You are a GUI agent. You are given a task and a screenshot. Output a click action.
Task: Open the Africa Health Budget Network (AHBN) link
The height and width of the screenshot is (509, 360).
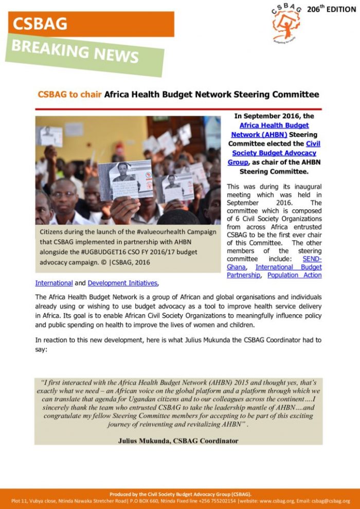coord(274,130)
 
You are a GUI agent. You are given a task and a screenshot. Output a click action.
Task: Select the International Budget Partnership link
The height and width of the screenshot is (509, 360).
coord(289,267)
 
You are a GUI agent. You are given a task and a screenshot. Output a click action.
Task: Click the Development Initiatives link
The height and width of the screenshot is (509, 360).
coord(123,283)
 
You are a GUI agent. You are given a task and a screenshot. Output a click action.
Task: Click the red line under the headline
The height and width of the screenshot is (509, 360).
coord(178,109)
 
